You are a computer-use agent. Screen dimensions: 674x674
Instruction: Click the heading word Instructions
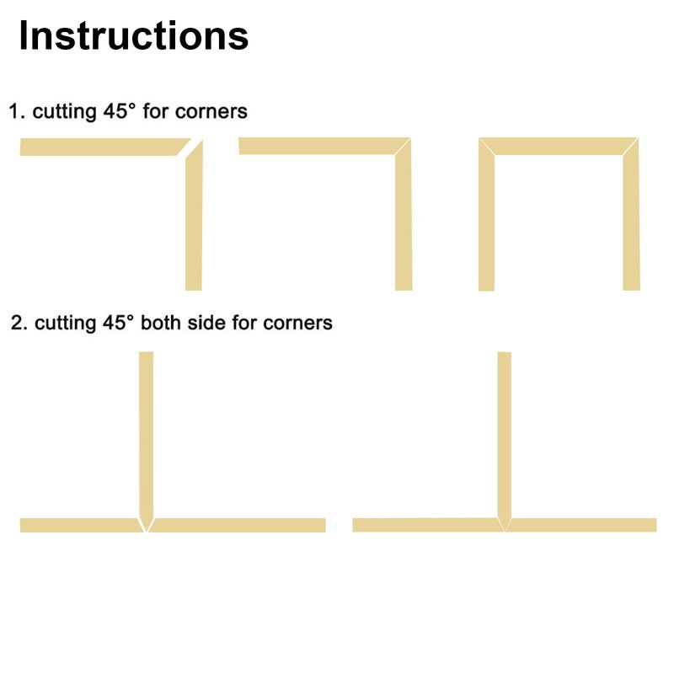(x=134, y=35)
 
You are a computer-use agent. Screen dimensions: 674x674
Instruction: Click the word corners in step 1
(x=211, y=112)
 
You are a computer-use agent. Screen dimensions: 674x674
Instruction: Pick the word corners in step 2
(x=297, y=324)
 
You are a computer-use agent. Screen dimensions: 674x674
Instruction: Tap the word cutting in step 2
(x=65, y=324)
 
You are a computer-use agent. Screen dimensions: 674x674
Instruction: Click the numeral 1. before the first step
(x=17, y=111)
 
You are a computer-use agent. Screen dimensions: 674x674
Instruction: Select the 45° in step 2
(x=118, y=323)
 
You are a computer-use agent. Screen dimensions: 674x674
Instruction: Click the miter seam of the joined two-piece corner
(x=403, y=146)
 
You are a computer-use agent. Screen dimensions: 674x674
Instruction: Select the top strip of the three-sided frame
(x=559, y=146)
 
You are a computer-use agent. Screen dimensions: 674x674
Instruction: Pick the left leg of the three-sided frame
(x=487, y=219)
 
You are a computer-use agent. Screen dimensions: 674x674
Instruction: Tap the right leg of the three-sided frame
(x=631, y=219)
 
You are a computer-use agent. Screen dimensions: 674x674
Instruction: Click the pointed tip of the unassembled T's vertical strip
(x=147, y=532)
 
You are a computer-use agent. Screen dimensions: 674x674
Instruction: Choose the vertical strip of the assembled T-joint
(x=505, y=438)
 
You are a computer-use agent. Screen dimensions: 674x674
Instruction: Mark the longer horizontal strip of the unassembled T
(x=238, y=525)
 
